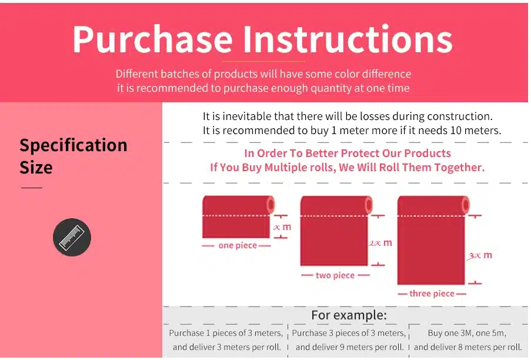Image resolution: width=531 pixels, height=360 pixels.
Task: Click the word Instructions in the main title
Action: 348,39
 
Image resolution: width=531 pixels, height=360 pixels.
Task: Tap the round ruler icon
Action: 72,237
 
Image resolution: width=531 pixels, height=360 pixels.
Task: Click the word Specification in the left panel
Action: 74,145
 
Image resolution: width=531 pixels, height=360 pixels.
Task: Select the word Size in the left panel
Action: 36,167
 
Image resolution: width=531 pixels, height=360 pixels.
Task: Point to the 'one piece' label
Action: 238,245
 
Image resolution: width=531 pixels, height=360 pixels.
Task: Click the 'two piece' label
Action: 335,275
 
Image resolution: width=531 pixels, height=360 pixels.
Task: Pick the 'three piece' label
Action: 432,294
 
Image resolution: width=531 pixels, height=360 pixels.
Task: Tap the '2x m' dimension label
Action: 380,242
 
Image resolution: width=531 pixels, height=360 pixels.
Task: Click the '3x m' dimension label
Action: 480,255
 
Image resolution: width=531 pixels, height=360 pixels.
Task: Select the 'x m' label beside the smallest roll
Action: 282,227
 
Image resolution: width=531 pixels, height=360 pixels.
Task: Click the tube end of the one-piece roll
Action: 270,205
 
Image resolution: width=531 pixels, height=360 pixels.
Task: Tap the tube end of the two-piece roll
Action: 369,205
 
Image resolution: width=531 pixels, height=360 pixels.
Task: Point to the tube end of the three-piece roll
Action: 465,205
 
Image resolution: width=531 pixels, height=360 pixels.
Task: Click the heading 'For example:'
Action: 349,315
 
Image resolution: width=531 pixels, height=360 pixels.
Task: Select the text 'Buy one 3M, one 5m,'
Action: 467,334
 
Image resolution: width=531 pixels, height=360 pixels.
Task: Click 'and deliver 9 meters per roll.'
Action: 349,347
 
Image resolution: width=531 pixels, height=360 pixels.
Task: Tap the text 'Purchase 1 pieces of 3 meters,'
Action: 226,334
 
